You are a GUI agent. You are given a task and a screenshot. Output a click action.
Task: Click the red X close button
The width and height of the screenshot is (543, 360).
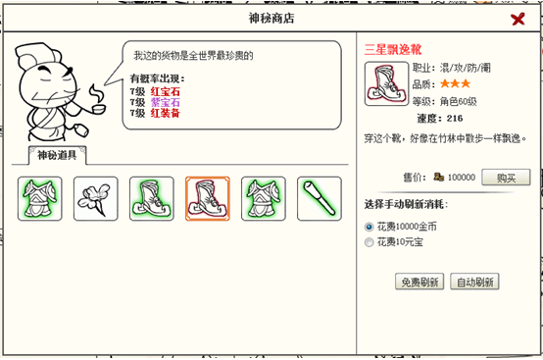pos(518,19)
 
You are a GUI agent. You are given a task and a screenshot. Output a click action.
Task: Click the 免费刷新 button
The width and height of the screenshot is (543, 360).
pos(420,282)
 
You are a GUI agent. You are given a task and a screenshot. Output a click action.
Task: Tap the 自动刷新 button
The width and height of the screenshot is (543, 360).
pos(474,282)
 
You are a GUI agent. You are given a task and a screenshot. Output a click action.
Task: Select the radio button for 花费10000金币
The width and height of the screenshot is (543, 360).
pos(370,227)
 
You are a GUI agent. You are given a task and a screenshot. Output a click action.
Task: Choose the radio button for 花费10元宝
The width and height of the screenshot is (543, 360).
pos(370,242)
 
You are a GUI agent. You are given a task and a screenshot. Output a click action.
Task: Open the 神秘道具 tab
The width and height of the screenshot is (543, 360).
pos(57,155)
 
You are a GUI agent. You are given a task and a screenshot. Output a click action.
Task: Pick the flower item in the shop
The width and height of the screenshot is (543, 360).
pos(96,198)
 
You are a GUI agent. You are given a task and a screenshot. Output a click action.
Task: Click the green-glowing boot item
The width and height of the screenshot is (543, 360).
pos(151,198)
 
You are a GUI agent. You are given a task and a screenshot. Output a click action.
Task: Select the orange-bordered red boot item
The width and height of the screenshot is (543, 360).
pos(208,198)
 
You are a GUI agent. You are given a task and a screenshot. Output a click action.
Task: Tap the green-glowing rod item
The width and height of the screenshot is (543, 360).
pos(320,198)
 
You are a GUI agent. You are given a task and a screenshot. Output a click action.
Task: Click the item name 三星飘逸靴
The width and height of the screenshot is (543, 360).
pos(393,50)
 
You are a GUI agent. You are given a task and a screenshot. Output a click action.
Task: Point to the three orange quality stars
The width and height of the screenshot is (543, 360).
pos(456,83)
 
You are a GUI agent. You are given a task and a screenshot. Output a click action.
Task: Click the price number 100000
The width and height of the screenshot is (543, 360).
pos(462,178)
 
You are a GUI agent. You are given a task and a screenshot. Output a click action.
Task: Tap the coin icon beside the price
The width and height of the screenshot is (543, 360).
pos(439,177)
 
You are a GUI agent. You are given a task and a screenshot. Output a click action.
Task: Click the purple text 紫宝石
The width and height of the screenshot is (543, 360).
pos(166,102)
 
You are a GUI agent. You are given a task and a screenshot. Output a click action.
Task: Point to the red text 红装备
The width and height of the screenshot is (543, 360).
pos(166,113)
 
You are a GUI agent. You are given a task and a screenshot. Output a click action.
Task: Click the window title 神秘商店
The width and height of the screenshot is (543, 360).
pos(271,19)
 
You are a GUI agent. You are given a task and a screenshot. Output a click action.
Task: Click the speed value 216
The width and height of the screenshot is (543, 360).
pos(455,119)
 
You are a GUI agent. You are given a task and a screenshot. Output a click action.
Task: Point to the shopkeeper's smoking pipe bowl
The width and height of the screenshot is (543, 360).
pos(99,109)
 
